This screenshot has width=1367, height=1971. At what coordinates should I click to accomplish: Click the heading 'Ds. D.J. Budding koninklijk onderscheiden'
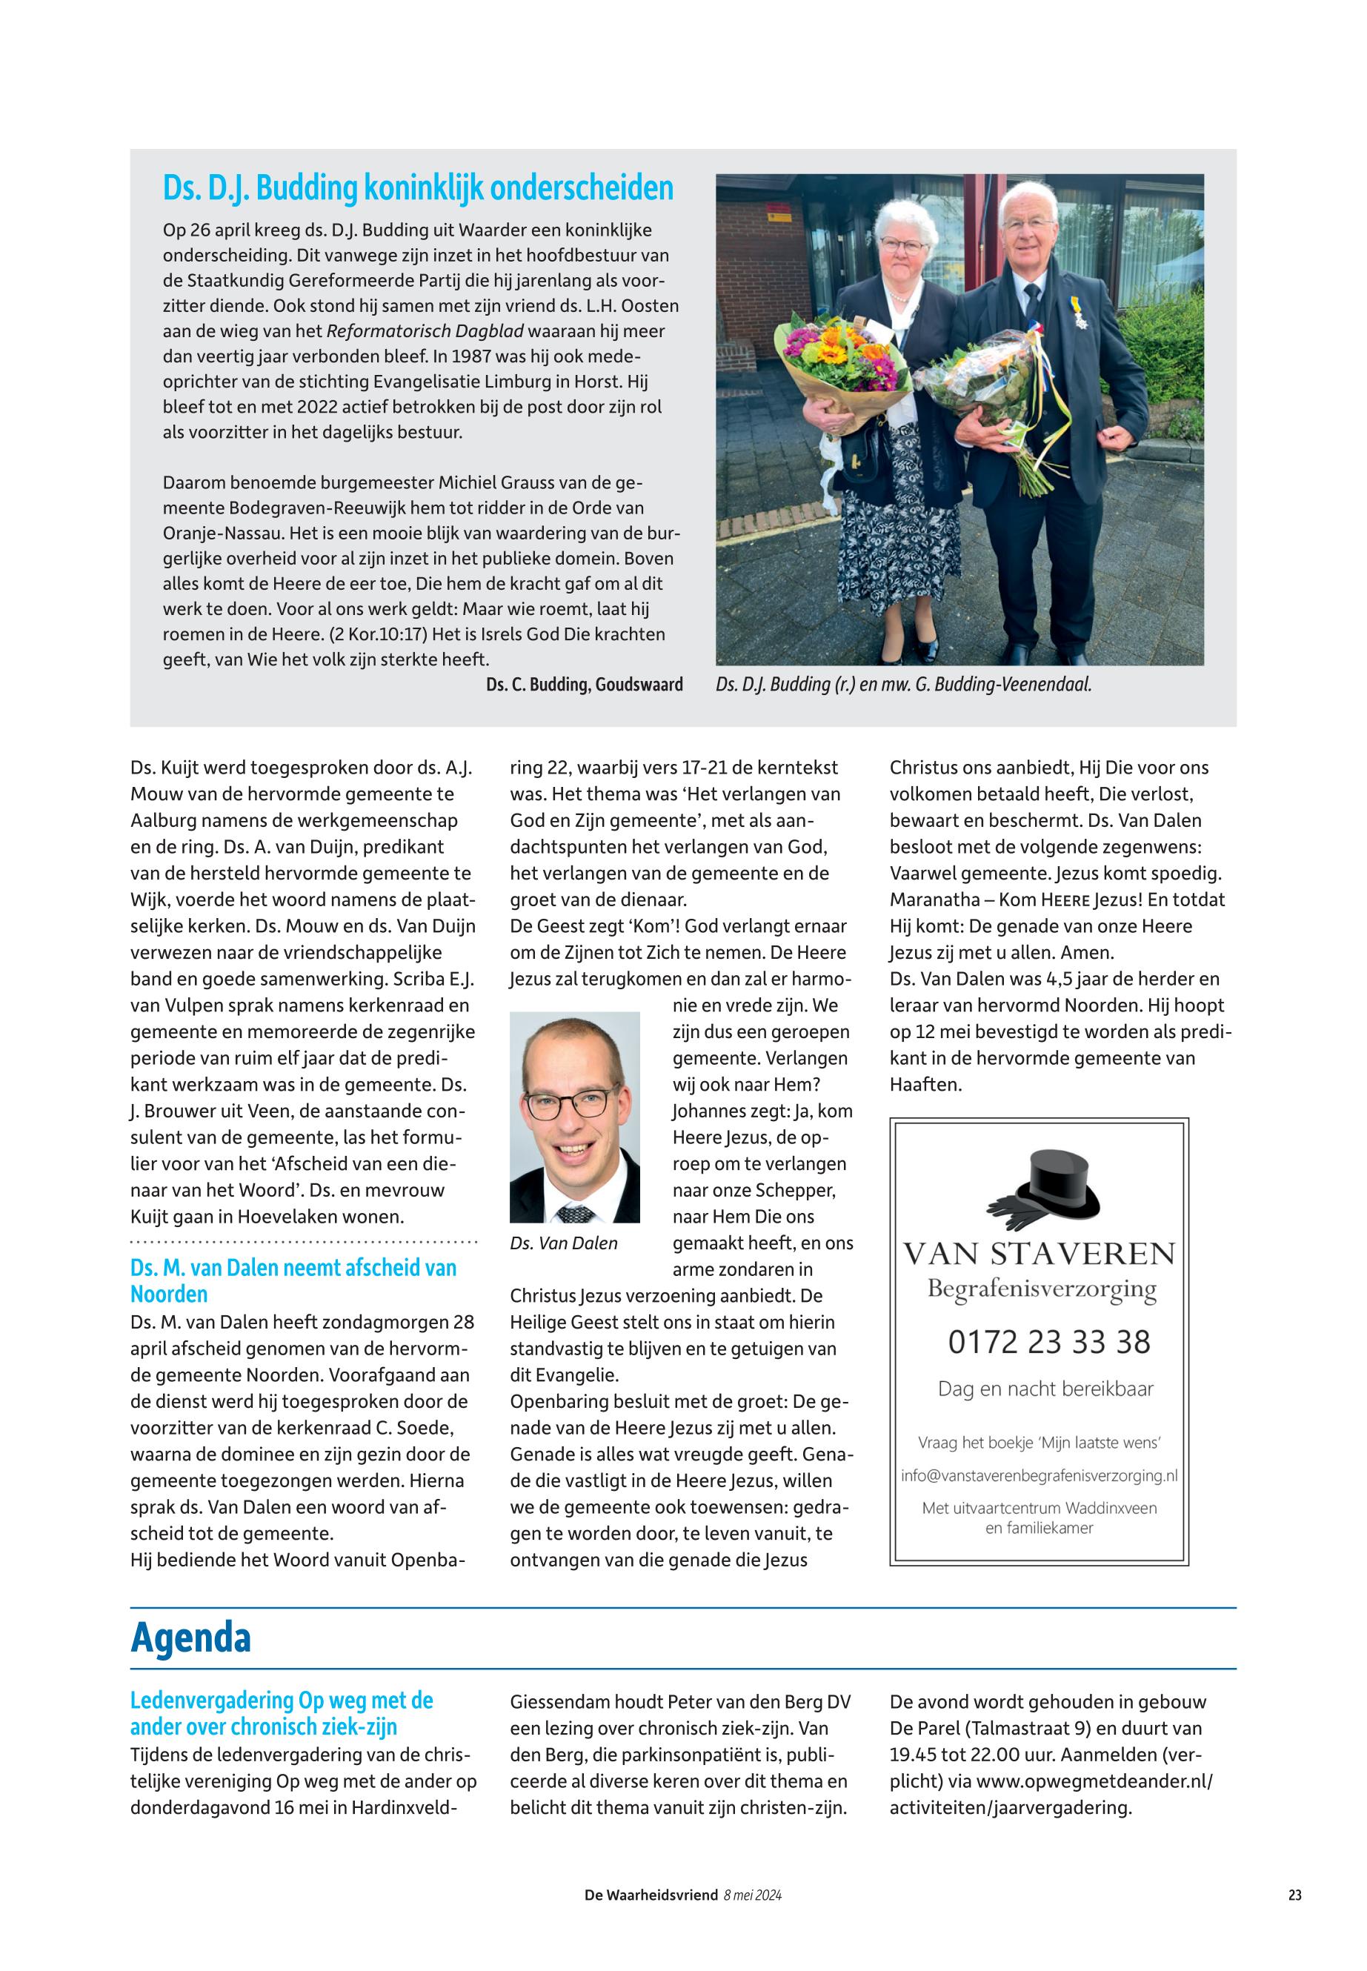coord(418,188)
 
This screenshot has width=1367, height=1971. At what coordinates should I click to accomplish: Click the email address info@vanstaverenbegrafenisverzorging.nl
coord(1039,1476)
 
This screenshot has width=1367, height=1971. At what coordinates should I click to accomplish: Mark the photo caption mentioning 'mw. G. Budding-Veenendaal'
coord(904,685)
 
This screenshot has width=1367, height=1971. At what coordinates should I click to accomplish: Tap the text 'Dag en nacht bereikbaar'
coord(1045,1389)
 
